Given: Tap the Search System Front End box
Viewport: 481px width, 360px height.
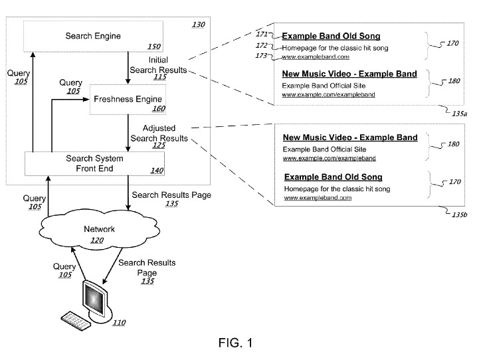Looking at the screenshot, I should (x=94, y=163).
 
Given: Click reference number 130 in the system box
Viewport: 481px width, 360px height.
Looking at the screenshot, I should (x=198, y=25).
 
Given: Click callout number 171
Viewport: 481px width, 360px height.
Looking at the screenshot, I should (x=262, y=33).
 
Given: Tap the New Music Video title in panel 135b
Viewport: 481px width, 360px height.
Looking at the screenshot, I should (x=349, y=137).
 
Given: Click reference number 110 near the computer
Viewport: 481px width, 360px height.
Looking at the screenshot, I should (x=118, y=323).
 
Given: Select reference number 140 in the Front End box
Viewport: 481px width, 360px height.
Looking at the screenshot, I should (x=156, y=171).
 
